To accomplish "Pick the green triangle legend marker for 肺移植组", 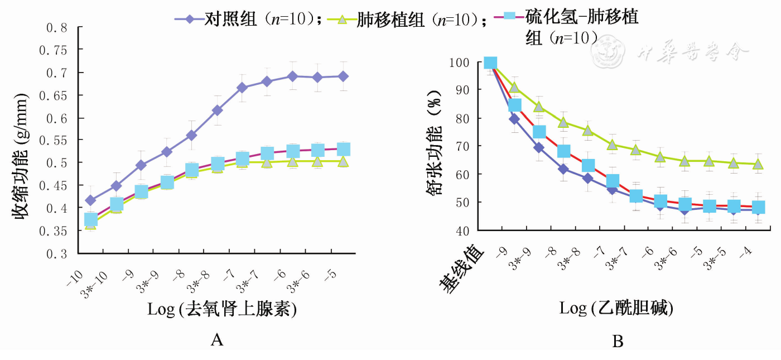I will [x=343, y=20].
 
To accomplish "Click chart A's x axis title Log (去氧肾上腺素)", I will [x=221, y=310].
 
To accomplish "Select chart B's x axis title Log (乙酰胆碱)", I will [x=616, y=308].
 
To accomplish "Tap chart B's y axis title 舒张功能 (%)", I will [x=434, y=146].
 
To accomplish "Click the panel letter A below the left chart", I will [x=217, y=339].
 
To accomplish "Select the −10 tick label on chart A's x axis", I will [x=76, y=275].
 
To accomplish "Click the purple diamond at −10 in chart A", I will [x=90, y=200].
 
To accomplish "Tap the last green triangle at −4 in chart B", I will [x=758, y=164].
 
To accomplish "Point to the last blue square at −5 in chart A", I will [x=344, y=149].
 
